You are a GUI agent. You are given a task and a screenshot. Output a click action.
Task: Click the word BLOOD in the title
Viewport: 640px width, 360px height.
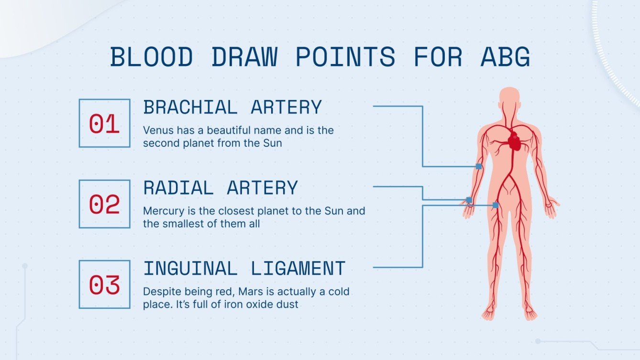[151, 57]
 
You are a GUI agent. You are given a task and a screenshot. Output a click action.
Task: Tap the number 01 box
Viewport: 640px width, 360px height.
[104, 123]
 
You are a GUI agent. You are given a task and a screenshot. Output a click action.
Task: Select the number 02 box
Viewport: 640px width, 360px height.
[104, 204]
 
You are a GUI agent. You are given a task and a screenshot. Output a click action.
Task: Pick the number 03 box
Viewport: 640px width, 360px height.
[104, 284]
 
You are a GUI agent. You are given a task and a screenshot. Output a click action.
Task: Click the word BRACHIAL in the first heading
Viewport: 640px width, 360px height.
[190, 108]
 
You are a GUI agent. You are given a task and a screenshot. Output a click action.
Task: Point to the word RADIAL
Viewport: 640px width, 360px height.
[178, 188]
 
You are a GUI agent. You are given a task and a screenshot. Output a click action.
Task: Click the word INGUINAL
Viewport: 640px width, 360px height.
[190, 269]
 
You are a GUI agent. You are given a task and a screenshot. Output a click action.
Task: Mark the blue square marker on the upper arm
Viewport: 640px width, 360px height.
[479, 166]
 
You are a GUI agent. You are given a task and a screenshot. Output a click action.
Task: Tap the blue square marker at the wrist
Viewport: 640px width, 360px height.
[469, 200]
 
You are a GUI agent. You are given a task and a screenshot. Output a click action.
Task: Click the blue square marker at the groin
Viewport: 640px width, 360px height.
[496, 205]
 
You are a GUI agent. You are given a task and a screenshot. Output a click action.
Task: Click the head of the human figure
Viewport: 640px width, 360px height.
[510, 98]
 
